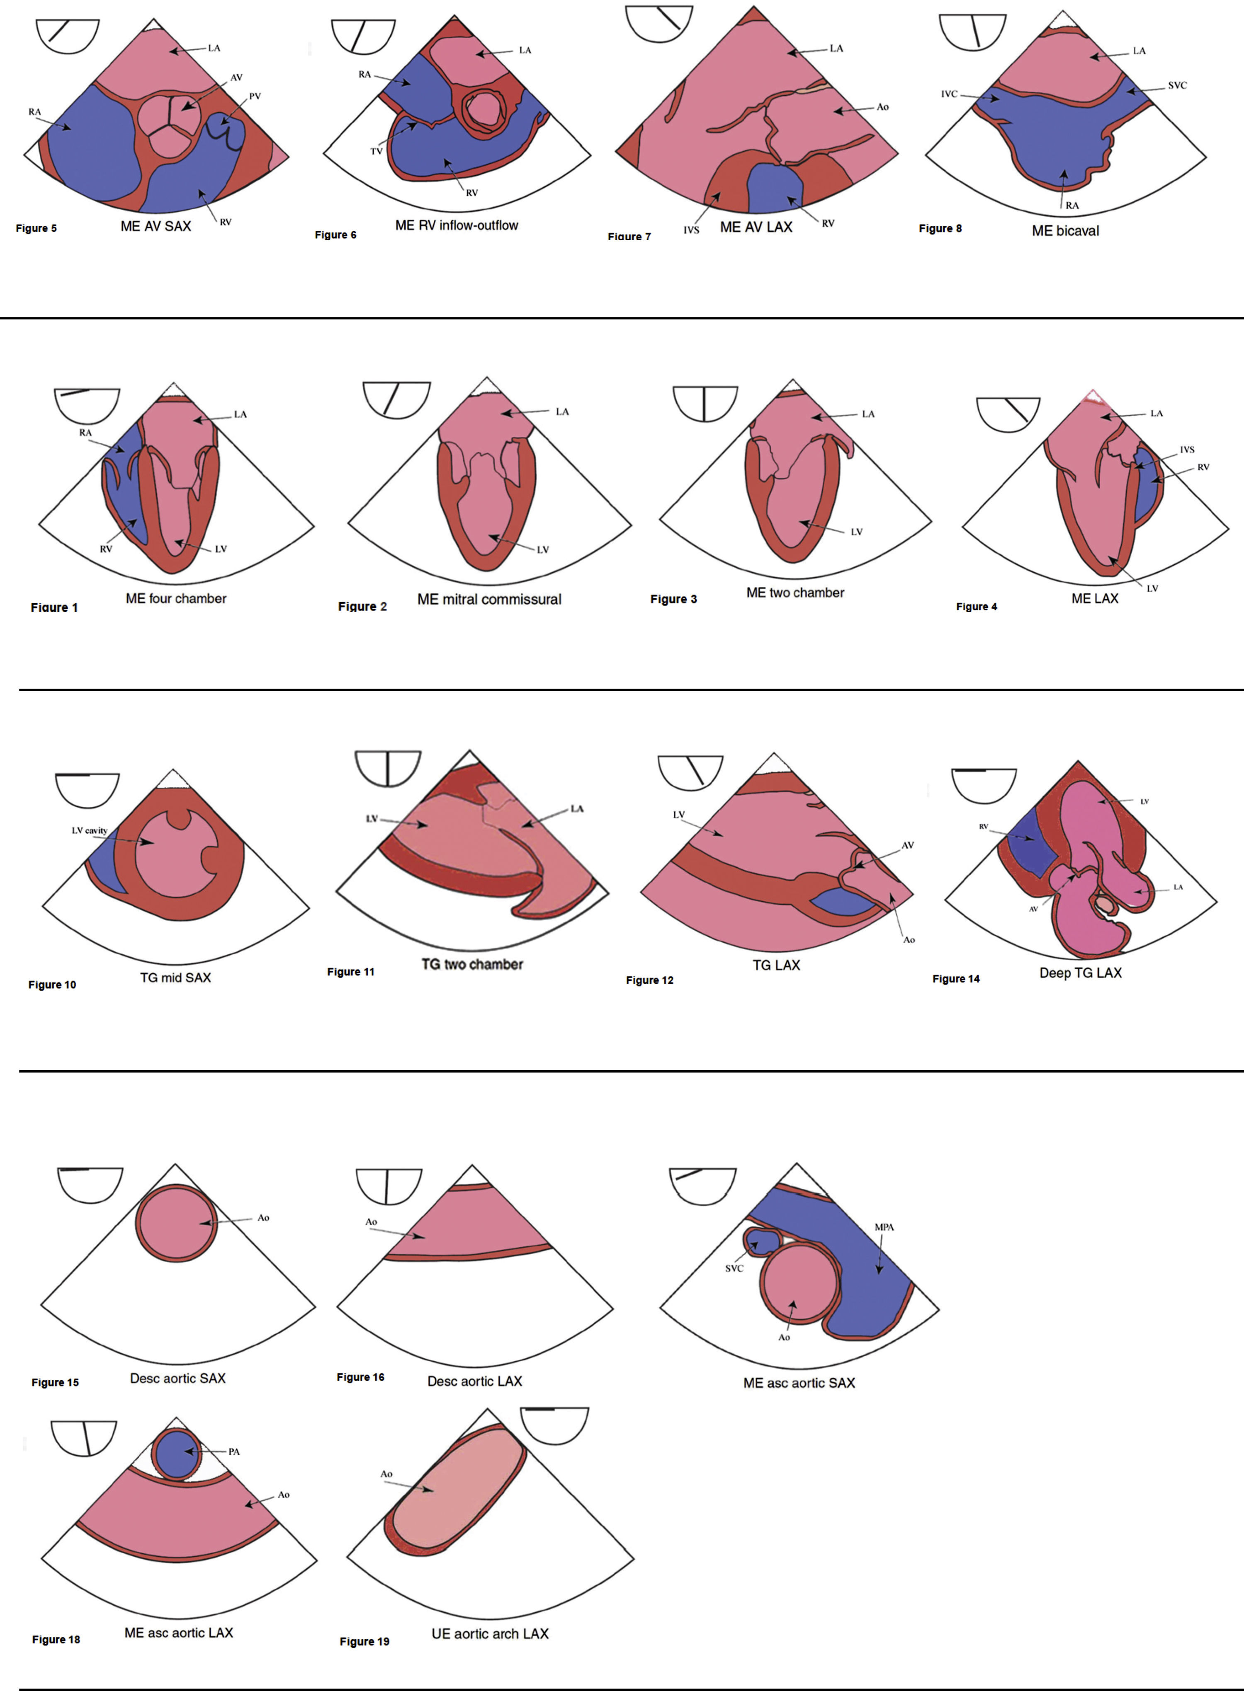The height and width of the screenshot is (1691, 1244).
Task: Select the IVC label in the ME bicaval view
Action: click(x=949, y=94)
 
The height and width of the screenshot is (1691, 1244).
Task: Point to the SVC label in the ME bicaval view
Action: click(x=1177, y=85)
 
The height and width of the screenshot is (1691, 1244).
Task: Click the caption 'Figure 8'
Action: click(x=940, y=228)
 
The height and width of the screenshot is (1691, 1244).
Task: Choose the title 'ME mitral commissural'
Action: click(x=489, y=599)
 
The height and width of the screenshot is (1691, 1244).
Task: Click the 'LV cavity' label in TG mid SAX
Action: click(x=90, y=830)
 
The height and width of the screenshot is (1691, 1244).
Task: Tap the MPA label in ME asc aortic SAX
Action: click(x=884, y=1227)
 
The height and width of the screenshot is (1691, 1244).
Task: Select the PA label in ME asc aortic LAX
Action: click(x=234, y=1452)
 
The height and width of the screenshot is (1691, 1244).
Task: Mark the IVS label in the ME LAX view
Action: click(x=1187, y=449)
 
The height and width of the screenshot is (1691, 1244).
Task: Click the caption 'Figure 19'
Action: click(x=364, y=1641)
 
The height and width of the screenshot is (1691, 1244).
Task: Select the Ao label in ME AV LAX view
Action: click(x=882, y=107)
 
